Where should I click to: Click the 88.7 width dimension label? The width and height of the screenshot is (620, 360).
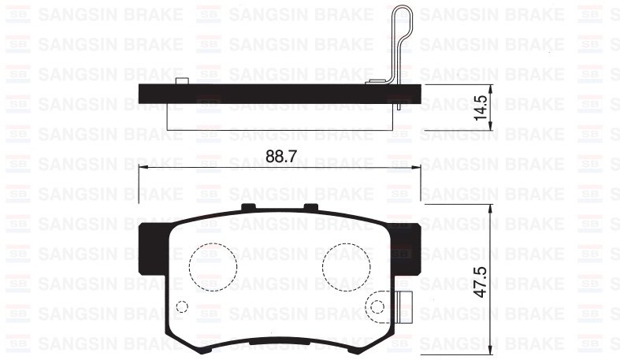point(280,156)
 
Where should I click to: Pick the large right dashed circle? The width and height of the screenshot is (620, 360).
point(347,266)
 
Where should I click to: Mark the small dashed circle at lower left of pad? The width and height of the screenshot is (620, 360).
point(182,307)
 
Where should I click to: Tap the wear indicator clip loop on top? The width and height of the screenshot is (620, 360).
point(402,32)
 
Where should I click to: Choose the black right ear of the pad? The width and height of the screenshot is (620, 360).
point(407,246)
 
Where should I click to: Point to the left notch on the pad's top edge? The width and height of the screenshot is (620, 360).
point(250,207)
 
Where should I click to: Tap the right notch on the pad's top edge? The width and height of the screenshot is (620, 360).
point(310,207)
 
